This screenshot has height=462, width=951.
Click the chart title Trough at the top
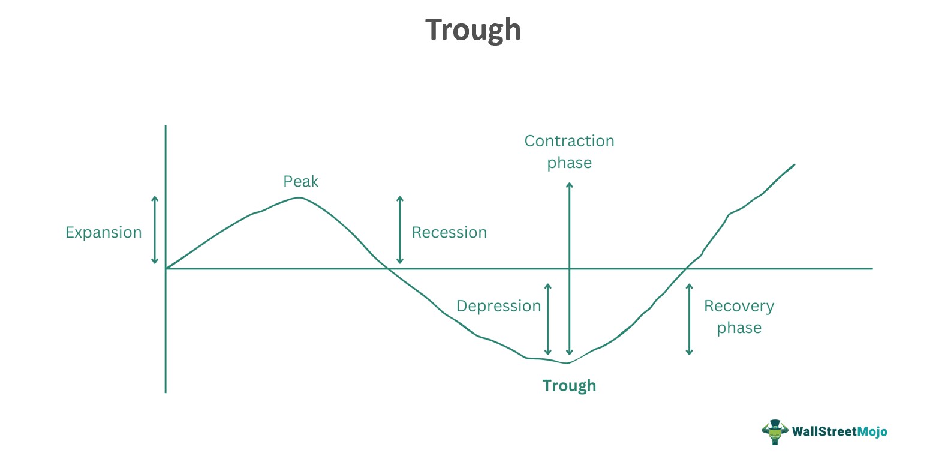473,30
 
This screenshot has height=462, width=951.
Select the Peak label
300,181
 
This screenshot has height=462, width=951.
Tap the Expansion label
103,232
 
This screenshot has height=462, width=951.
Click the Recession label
449,232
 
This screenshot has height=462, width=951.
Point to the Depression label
498,306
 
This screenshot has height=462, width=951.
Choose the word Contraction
569,141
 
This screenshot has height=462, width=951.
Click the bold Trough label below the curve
569,385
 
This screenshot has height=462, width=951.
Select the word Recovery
739,306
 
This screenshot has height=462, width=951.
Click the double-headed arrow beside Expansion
155,230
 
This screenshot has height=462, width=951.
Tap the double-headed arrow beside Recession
400,230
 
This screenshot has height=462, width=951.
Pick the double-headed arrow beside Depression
547,319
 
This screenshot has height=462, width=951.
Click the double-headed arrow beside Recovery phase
689,319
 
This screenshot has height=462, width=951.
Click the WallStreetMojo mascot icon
774,431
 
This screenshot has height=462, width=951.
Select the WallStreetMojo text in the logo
839,431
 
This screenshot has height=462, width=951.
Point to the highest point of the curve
299,197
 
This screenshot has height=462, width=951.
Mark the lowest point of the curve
567,363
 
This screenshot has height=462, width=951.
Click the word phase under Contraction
569,163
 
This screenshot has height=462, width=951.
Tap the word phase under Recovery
739,328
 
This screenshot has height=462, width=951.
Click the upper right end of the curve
794,164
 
